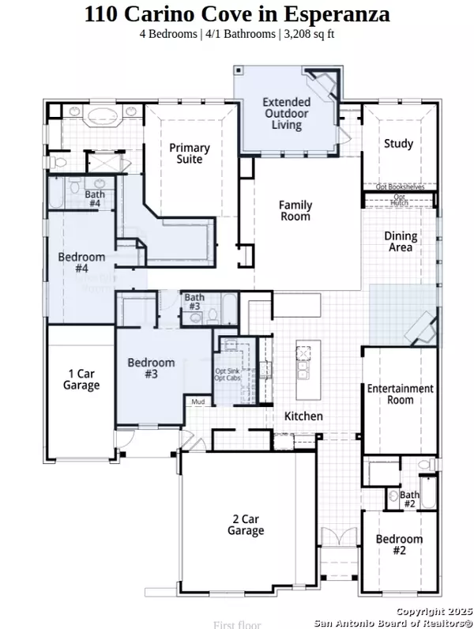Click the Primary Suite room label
coord(189,153)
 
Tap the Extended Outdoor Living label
coord(286,113)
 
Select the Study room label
coord(398,144)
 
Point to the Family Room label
coord(295,210)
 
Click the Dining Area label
coord(400,241)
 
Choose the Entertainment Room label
coord(401,394)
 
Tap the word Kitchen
coord(303,416)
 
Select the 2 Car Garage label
coord(246,525)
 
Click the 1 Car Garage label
coord(82,379)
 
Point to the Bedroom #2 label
coord(399,544)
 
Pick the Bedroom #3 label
coord(151,368)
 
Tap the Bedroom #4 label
coord(81,262)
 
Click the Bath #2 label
coord(408,499)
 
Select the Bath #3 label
coord(194,301)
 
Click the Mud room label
coord(197,401)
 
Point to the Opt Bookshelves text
coord(400,187)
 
